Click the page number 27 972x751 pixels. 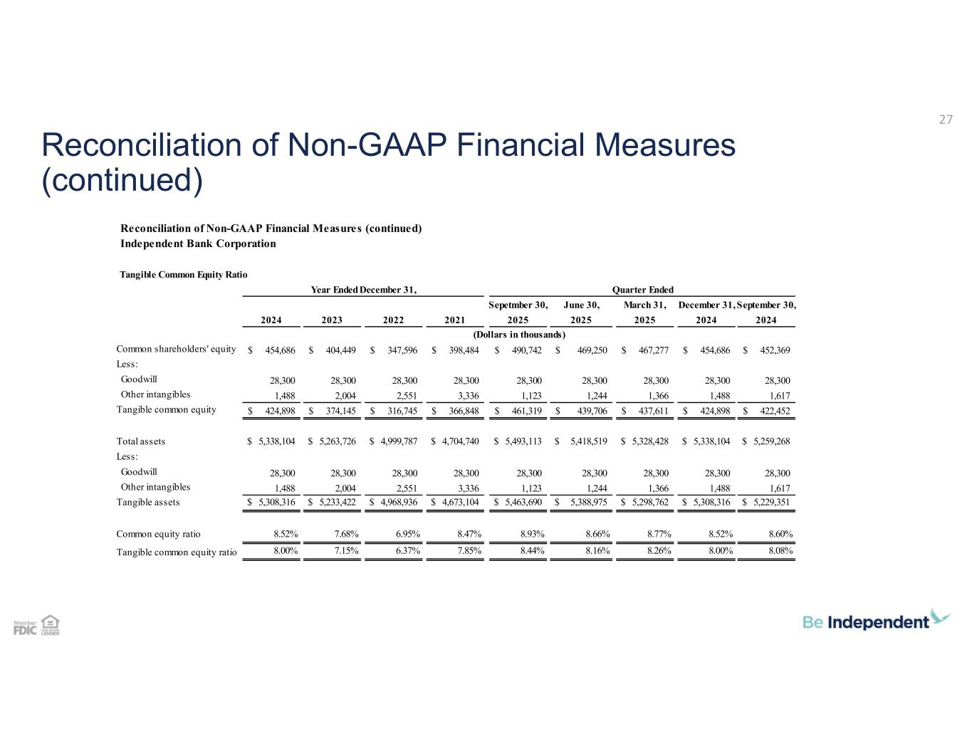click(x=946, y=120)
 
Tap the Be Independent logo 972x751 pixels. click(x=876, y=621)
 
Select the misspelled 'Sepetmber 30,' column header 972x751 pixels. click(x=518, y=305)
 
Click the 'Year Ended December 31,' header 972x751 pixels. click(x=364, y=290)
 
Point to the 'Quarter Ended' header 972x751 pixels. click(x=642, y=290)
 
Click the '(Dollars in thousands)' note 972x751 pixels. click(x=519, y=335)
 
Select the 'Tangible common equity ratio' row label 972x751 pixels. click(x=177, y=552)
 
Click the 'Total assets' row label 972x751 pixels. click(x=140, y=441)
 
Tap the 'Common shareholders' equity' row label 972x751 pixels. click(x=176, y=349)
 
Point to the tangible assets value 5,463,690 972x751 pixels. click(x=523, y=503)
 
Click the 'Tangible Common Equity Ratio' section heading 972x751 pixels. click(x=182, y=273)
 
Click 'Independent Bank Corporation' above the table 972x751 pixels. click(x=198, y=243)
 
